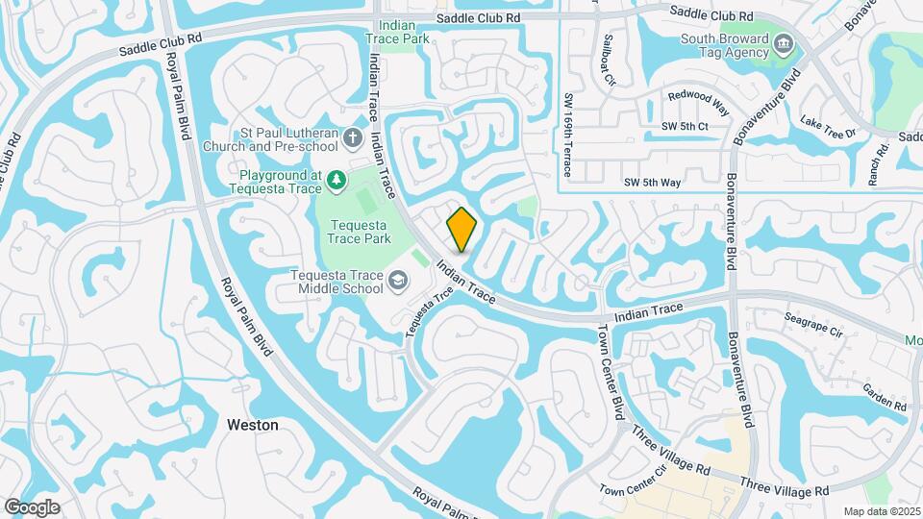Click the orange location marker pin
[462, 229]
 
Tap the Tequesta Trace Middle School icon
[396, 281]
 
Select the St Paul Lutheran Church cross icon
[353, 138]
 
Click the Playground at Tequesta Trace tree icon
[336, 179]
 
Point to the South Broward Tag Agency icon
[784, 42]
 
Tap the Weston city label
[253, 424]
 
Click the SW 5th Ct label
[685, 126]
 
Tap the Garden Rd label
[885, 395]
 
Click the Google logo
[32, 507]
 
